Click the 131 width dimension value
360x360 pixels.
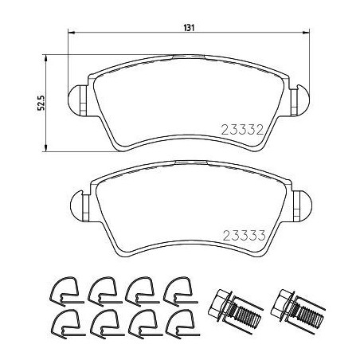(x=189, y=28)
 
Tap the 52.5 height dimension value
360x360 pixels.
(x=42, y=103)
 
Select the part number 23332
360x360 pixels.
(x=243, y=130)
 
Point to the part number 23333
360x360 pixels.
(x=245, y=235)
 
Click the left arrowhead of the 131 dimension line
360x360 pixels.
(x=72, y=33)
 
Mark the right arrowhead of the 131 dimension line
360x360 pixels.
(x=306, y=33)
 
